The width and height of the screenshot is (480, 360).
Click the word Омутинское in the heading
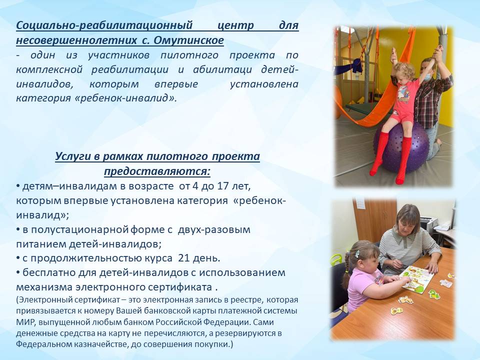[188, 40]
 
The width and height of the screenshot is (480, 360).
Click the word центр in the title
[235, 25]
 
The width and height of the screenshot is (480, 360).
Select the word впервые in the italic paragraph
[176, 84]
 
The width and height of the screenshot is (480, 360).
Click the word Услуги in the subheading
[73, 156]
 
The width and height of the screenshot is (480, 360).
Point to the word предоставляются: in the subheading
[157, 171]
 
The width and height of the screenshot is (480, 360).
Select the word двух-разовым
[214, 229]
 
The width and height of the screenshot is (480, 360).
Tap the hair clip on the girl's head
[357, 253]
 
